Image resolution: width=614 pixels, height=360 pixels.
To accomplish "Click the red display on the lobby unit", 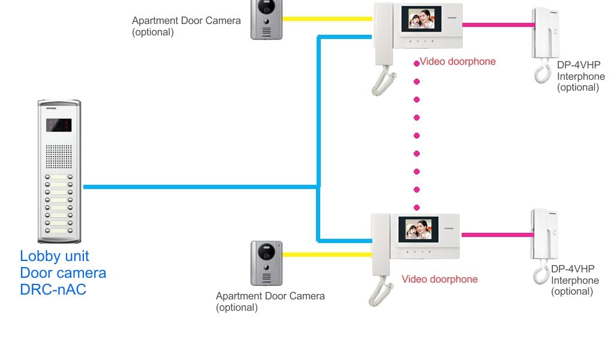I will click(59, 125).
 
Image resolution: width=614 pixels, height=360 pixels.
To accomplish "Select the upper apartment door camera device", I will click(266, 20).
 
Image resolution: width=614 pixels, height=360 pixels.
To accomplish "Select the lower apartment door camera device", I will click(266, 263).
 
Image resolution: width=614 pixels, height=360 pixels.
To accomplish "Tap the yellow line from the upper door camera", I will click(327, 19).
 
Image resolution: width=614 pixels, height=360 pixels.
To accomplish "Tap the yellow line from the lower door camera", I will click(327, 254).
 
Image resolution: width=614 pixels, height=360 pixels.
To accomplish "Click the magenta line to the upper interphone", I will click(497, 25).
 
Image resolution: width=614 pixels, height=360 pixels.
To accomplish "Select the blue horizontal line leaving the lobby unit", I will click(198, 187).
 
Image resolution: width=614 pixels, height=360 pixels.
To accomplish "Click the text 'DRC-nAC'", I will click(53, 290).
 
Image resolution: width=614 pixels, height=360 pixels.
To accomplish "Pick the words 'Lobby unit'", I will click(54, 256).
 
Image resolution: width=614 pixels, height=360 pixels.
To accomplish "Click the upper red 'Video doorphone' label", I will click(458, 61).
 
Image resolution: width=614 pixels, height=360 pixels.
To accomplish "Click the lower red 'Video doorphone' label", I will click(440, 279).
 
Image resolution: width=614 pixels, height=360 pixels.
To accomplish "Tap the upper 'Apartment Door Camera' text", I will click(186, 21).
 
